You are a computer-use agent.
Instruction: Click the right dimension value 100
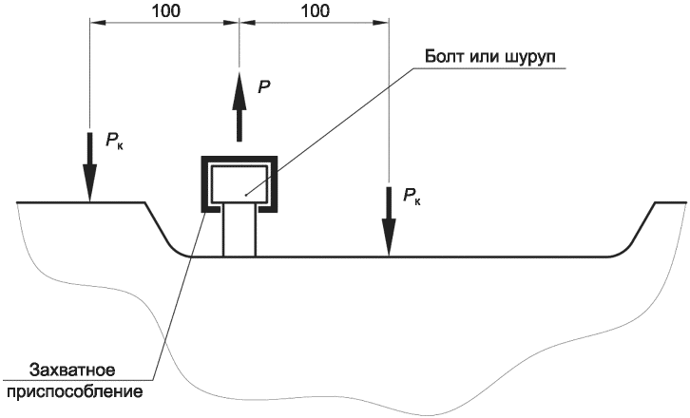315,11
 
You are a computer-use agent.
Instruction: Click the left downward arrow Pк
89,166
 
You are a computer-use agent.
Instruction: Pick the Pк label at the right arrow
412,198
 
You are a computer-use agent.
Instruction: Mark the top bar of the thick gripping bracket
239,158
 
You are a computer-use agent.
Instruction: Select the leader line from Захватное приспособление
181,285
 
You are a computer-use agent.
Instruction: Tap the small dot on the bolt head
246,194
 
